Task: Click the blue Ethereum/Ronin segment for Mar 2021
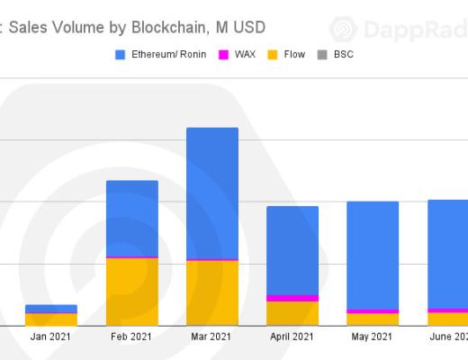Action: click(212, 193)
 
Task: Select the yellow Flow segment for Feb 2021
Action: click(132, 292)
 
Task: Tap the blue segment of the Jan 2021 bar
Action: click(51, 309)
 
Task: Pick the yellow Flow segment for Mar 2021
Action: click(212, 293)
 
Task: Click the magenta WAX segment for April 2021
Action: click(292, 298)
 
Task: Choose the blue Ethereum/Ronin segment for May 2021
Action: click(373, 256)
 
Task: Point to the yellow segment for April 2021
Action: click(292, 313)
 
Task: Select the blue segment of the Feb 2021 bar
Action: click(132, 219)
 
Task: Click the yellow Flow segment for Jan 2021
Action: click(51, 319)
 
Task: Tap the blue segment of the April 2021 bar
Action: click(292, 250)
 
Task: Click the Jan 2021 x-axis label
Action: click(51, 337)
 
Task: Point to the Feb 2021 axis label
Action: click(132, 337)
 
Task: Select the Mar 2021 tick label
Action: click(212, 337)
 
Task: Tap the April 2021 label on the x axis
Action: click(292, 337)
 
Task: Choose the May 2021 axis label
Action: click(373, 337)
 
